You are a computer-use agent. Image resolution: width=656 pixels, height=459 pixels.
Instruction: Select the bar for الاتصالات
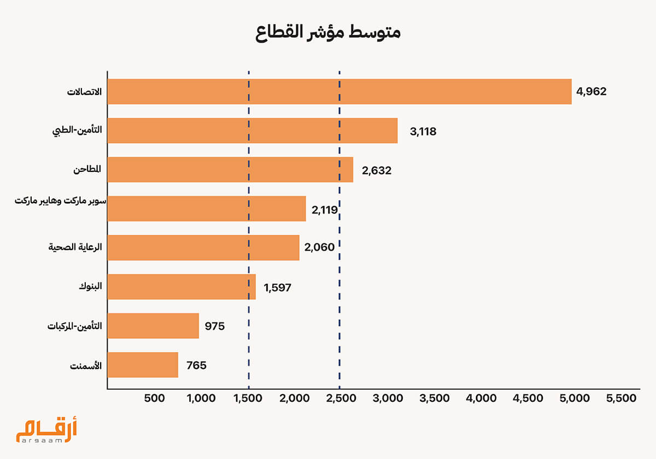[339, 92]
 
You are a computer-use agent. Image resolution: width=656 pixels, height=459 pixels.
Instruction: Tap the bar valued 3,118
[252, 131]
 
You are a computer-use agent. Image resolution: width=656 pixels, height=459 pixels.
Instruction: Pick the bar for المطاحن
[230, 170]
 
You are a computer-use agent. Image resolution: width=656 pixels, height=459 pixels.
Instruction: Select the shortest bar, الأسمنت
[143, 365]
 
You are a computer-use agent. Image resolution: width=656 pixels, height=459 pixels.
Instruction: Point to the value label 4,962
[591, 92]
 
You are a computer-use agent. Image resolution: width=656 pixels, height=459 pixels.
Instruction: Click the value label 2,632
[376, 170]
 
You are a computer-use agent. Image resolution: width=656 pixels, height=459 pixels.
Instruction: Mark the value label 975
[215, 326]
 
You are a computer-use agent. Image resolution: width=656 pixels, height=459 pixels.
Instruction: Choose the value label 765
[196, 366]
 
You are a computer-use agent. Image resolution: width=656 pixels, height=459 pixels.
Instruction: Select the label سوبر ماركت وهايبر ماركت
[60, 201]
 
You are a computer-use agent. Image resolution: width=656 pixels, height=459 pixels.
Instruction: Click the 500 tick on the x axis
[154, 398]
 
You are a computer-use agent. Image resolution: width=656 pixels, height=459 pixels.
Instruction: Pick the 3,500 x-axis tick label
[435, 398]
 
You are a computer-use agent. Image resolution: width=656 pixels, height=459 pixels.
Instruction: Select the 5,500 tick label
[622, 398]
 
